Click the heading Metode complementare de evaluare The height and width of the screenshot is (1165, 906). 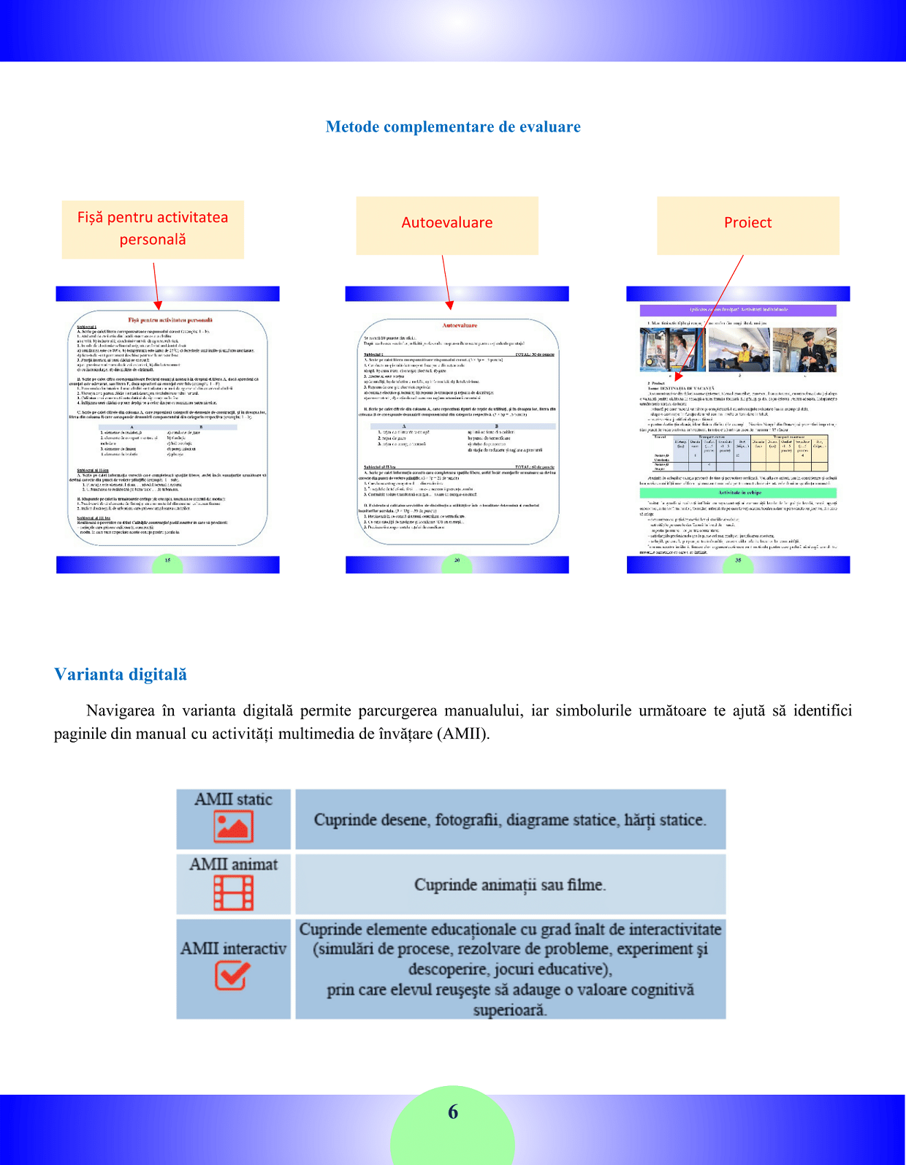coord(453,127)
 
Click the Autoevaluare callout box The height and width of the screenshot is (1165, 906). coord(447,225)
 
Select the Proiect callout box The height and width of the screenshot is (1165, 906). coord(747,225)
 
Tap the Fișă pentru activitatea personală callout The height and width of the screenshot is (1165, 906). coord(153,229)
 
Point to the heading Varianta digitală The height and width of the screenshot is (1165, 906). coord(121,675)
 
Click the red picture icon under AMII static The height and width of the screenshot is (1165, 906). coord(233,827)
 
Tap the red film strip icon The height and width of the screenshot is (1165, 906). coord(233,892)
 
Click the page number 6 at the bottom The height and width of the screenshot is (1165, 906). coord(453,1112)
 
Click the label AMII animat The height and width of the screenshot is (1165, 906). coord(233,865)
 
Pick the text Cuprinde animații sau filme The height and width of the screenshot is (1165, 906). coord(510,885)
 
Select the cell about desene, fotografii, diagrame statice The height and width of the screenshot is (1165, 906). coord(510,820)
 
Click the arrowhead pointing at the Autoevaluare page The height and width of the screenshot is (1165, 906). coord(449,305)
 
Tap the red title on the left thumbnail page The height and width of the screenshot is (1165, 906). coord(170,320)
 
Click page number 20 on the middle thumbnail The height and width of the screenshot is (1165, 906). coord(457,561)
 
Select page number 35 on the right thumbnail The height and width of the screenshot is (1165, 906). coord(738,561)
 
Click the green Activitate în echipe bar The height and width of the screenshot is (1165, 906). coord(739,493)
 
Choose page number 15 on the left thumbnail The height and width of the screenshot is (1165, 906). coord(167,561)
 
